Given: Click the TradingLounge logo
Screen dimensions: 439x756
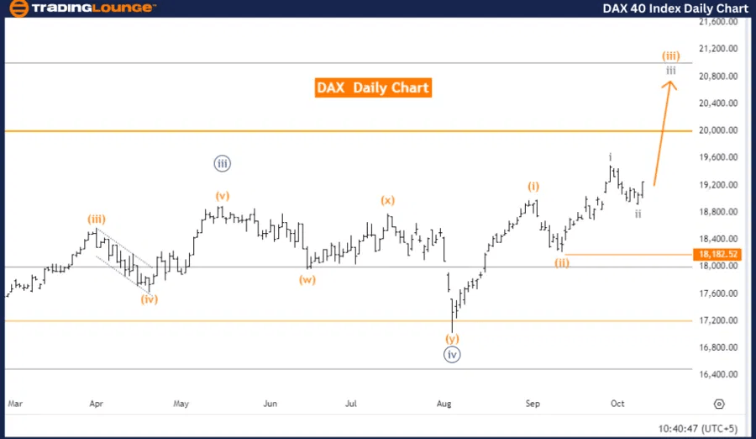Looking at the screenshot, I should (82, 8).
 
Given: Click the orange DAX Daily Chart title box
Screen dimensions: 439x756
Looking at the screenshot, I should (373, 87).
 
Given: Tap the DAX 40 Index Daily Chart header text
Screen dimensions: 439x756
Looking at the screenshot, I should (675, 8).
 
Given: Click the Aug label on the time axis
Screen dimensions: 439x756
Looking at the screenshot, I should (444, 405).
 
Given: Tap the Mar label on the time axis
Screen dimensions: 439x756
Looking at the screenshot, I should (14, 405).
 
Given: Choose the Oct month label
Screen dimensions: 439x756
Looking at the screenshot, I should (617, 405).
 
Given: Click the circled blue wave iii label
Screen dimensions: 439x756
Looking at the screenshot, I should (222, 164).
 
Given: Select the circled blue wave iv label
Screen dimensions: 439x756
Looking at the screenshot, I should (452, 355).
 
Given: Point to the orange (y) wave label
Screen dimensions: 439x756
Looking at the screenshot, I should (453, 339).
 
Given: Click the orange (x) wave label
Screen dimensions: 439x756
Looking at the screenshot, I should (387, 200).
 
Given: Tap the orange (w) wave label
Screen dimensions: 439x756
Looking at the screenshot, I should (307, 280).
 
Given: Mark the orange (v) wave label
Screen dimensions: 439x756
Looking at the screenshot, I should (222, 196).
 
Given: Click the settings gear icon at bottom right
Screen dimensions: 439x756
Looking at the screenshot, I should (719, 405).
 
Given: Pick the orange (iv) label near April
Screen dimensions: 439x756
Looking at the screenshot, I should (150, 299).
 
